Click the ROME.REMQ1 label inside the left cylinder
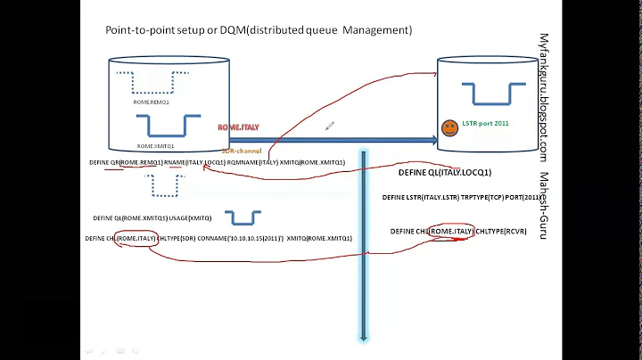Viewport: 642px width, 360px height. pos(152,102)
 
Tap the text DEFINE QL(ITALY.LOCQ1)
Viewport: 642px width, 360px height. pos(445,172)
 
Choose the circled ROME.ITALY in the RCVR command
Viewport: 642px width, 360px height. pos(451,232)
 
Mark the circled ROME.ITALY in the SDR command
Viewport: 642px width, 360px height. pos(137,239)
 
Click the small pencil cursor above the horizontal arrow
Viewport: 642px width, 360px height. pos(329,127)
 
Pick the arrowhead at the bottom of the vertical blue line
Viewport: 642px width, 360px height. pos(364,336)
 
